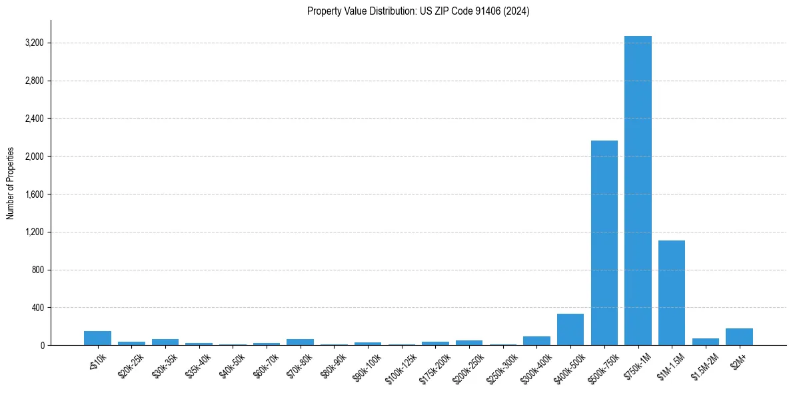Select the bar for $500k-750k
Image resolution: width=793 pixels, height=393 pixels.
604,243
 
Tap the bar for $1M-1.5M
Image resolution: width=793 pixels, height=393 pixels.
672,293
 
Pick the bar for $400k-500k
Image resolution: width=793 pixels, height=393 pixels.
570,330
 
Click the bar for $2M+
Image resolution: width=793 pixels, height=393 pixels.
739,337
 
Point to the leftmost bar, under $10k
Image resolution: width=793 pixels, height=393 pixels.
97,338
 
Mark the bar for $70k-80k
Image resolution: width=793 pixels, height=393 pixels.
300,342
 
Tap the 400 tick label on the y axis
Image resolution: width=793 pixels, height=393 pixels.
37,308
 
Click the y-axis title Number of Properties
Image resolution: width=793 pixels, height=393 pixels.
11,183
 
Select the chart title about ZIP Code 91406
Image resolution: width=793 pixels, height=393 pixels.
418,11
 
